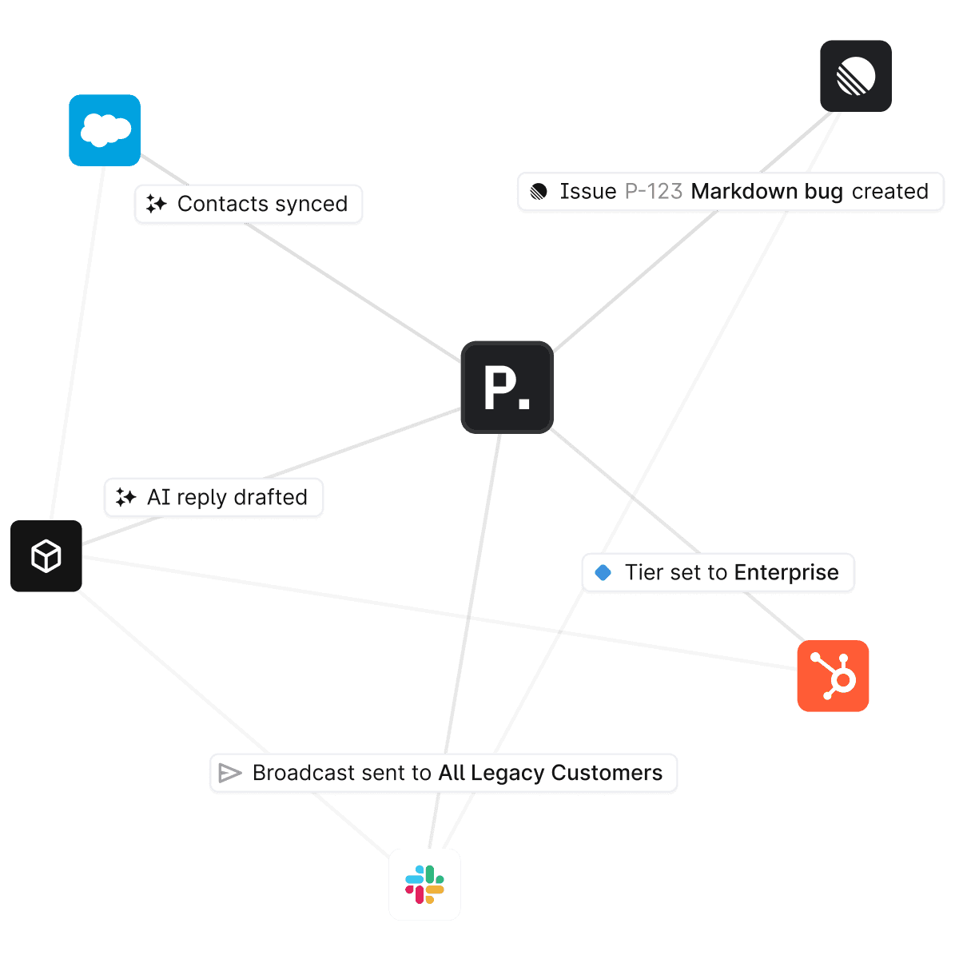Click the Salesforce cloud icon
[105, 130]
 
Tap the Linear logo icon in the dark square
[856, 76]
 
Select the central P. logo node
[507, 388]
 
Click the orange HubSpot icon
[833, 676]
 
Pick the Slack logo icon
[424, 885]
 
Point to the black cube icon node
[46, 556]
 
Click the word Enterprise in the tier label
[786, 573]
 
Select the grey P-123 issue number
[653, 192]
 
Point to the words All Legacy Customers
[551, 774]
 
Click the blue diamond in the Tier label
[603, 573]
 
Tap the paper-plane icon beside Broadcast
[230, 774]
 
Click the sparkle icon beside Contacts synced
[156, 205]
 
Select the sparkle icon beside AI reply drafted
[125, 498]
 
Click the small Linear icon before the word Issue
[539, 192]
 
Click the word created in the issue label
[889, 192]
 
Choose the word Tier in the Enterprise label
[643, 573]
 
